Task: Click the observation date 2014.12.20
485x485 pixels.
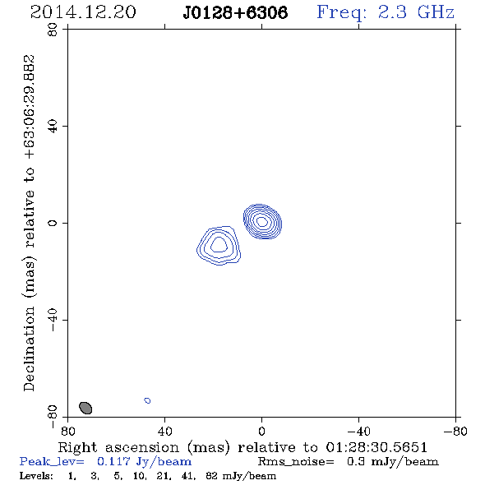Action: [83, 12]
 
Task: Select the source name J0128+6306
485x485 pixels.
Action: [235, 12]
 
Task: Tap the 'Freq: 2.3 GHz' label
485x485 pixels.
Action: [386, 13]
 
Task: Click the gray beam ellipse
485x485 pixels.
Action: [85, 408]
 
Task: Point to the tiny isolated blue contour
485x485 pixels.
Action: [147, 400]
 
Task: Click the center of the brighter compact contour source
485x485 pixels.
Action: [262, 221]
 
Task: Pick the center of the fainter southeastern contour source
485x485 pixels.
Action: [219, 245]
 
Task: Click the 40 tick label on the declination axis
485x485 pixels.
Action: [53, 127]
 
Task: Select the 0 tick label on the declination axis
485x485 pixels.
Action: [53, 223]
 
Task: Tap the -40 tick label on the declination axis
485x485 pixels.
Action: [53, 320]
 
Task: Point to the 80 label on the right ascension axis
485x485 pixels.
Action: [67, 432]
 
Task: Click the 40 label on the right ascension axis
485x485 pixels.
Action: [165, 432]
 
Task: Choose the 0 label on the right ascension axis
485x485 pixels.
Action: [261, 432]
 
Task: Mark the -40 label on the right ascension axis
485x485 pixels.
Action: [358, 432]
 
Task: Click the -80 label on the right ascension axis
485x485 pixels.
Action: [455, 432]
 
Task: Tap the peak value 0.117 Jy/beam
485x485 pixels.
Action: [144, 461]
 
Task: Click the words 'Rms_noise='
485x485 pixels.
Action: [296, 462]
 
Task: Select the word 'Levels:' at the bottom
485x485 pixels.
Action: [36, 476]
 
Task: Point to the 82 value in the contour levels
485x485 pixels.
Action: [211, 476]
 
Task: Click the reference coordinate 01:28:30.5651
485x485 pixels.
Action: [376, 447]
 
